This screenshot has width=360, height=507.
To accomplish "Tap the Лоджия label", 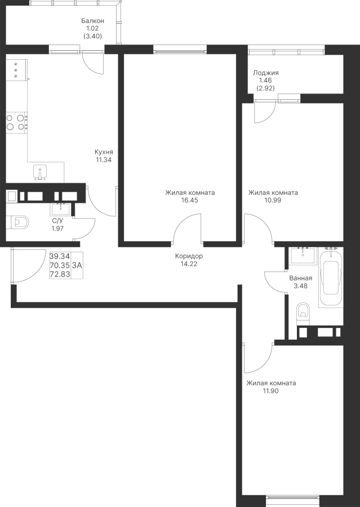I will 266,73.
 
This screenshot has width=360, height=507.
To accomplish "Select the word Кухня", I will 104,152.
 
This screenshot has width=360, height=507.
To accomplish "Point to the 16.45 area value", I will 189,200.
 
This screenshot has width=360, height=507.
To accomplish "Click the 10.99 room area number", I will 273,200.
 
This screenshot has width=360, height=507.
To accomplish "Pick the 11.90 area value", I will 270,390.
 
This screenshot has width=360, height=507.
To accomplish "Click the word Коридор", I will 189,256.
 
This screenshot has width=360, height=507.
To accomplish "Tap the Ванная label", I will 300,278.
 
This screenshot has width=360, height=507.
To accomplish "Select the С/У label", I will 57,221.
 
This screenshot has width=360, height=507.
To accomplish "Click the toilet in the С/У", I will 18,222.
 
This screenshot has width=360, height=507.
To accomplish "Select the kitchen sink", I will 40,171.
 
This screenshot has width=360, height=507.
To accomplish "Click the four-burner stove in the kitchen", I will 16,122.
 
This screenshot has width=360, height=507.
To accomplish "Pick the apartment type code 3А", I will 77,265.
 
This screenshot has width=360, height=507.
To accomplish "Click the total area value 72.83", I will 60,274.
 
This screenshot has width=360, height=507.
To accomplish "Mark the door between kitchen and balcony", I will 92,61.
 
